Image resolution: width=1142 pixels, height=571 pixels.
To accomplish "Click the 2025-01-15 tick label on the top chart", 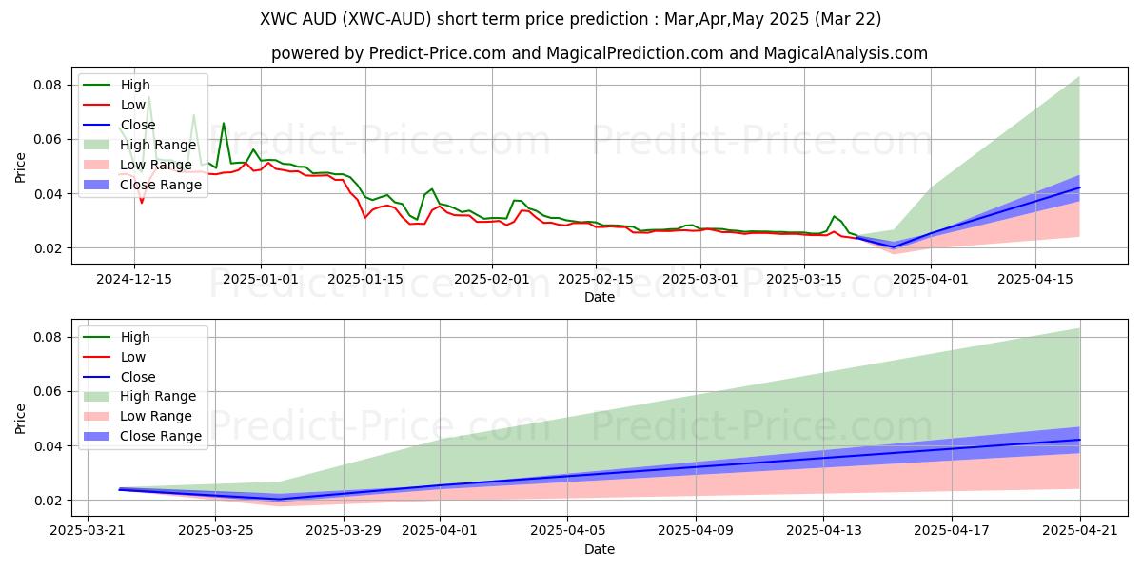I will click(x=366, y=279).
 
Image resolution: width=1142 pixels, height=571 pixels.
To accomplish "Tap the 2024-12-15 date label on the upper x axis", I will click(x=133, y=279).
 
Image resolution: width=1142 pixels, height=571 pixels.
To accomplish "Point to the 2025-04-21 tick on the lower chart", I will click(x=1080, y=531).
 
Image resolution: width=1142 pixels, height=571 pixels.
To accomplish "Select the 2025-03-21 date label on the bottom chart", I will click(x=88, y=531).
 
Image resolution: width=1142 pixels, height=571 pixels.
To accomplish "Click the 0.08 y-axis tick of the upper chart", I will click(x=48, y=85).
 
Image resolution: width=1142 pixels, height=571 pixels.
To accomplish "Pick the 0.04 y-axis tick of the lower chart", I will click(x=48, y=446).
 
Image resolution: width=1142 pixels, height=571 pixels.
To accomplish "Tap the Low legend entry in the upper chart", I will click(x=134, y=105).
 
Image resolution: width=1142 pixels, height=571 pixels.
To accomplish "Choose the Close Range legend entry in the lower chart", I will click(x=161, y=436).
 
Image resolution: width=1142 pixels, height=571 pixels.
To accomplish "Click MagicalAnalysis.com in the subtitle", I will click(x=852, y=53).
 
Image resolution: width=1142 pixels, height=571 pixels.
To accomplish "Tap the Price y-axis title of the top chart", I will click(x=21, y=167).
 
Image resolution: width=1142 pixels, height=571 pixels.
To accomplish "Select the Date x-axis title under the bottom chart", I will click(x=600, y=549).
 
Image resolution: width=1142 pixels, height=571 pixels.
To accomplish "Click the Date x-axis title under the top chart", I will click(x=600, y=297).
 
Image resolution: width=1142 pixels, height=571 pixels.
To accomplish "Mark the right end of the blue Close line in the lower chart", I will click(x=1080, y=440).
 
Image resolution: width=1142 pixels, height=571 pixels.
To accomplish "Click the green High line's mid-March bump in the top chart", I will click(x=834, y=216).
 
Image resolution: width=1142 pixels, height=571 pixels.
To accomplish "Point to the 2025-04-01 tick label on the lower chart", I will click(x=441, y=531).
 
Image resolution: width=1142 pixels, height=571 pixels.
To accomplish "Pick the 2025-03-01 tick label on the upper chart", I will click(x=700, y=279).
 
